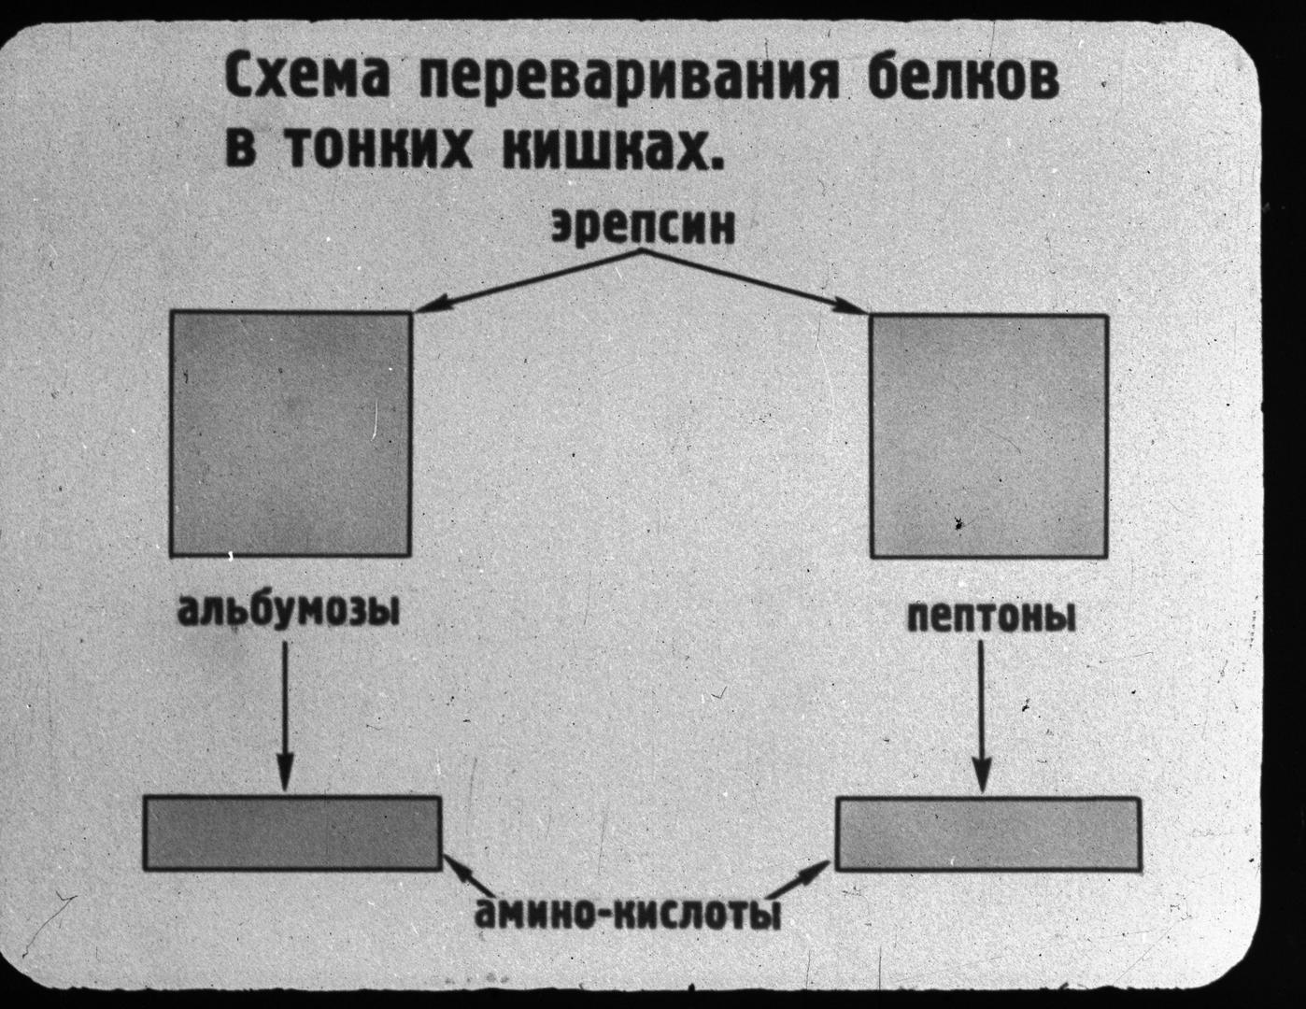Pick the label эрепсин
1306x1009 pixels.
tap(644, 227)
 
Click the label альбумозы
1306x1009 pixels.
tap(289, 611)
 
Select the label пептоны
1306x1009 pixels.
tap(990, 618)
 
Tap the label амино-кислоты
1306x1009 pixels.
tap(628, 912)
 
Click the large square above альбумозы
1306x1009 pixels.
tap(291, 433)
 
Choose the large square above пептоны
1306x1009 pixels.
tap(989, 435)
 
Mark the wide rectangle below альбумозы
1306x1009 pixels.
tap(292, 832)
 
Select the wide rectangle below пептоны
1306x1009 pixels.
tap(988, 834)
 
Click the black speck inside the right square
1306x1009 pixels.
tap(959, 523)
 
